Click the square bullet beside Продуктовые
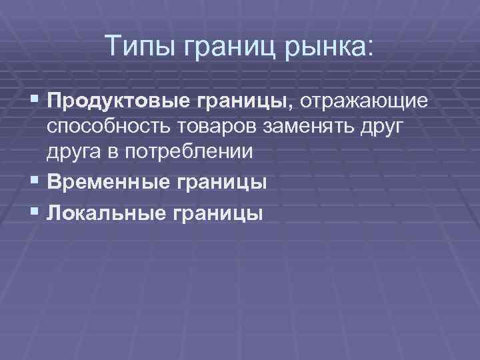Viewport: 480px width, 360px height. [x=35, y=101]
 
